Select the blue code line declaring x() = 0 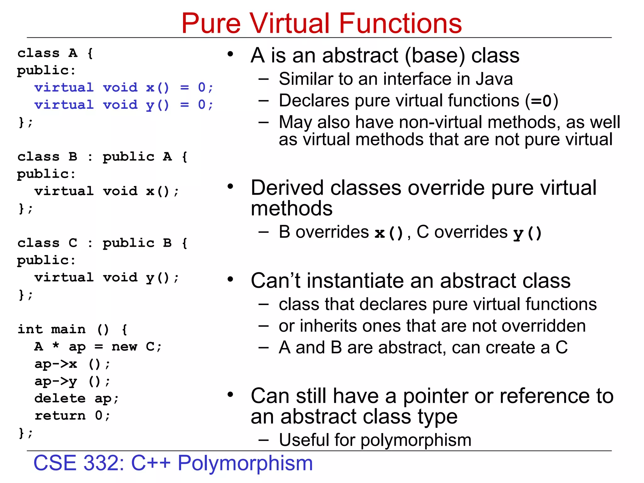click(x=124, y=87)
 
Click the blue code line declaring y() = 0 click(x=124, y=105)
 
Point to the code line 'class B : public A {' click(x=103, y=157)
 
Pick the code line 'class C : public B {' click(x=103, y=243)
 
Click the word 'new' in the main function click(x=124, y=347)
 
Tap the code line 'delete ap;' click(x=77, y=398)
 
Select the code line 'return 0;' click(x=72, y=416)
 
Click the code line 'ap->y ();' click(x=72, y=381)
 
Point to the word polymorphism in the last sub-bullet click(x=416, y=440)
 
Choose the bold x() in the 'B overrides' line click(x=389, y=233)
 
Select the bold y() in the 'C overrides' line click(x=527, y=233)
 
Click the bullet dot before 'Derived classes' click(x=230, y=186)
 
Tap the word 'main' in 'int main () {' click(x=68, y=329)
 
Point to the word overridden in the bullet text click(x=544, y=326)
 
